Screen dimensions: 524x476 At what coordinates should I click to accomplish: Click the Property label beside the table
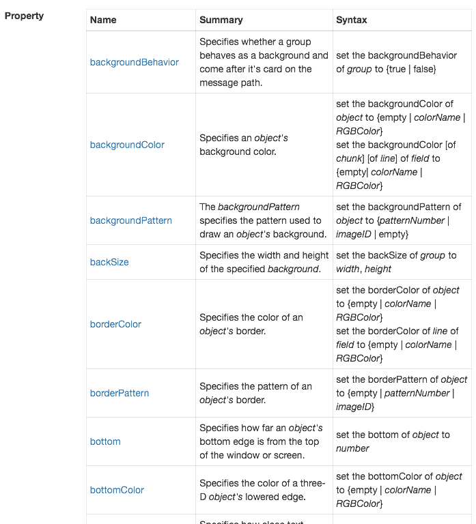click(24, 16)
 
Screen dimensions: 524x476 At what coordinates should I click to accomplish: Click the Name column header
click(103, 20)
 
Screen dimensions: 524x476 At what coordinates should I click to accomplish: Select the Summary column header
click(221, 20)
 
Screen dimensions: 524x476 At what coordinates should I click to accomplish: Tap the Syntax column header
click(351, 20)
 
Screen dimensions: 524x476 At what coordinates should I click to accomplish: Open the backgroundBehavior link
click(135, 62)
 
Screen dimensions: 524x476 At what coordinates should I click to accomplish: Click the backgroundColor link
click(127, 145)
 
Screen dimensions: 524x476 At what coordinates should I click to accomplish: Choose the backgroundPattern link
click(131, 220)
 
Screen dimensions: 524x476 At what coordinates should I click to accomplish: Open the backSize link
click(109, 262)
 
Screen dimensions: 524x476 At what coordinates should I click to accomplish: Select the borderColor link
click(115, 324)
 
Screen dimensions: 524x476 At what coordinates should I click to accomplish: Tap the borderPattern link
click(120, 393)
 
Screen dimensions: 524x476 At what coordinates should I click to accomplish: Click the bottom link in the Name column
click(105, 441)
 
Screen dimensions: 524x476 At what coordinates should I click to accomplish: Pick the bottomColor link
click(117, 490)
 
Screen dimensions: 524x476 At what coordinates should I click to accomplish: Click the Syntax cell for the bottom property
click(393, 441)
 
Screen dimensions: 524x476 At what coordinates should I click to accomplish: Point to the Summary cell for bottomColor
click(261, 490)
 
